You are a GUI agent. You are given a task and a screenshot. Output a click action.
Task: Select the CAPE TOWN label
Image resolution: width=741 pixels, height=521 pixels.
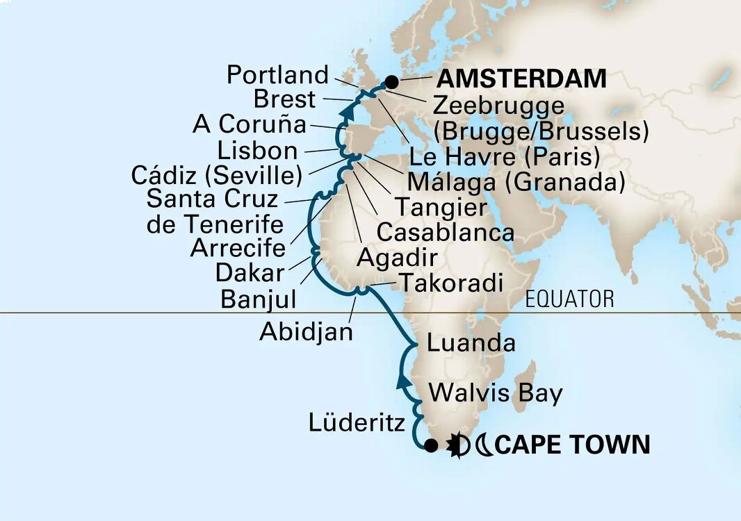click(x=573, y=445)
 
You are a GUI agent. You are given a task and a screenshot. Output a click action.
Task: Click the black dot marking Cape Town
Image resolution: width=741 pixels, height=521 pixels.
click(x=431, y=446)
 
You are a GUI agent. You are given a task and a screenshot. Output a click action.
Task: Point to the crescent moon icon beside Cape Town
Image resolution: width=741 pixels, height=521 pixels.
click(x=484, y=445)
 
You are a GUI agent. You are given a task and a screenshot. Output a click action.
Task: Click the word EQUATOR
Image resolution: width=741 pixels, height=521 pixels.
click(x=570, y=299)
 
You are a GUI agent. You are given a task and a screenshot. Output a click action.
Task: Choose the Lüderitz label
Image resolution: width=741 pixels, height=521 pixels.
click(x=355, y=422)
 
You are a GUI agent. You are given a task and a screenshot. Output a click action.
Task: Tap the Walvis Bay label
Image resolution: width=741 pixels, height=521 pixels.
click(x=495, y=393)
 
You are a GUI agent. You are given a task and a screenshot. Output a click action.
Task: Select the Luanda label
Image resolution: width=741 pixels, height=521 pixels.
click(x=471, y=342)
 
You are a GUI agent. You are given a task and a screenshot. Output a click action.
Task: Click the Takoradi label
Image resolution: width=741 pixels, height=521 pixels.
click(x=448, y=282)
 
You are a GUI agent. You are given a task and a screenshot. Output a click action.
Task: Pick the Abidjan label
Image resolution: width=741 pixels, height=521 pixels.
click(x=306, y=331)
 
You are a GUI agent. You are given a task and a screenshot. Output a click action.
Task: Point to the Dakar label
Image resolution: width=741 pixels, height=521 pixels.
click(x=250, y=272)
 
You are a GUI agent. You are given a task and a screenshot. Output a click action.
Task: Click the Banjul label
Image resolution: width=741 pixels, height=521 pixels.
click(x=258, y=299)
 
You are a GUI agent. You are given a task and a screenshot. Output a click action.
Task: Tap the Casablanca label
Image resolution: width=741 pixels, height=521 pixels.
click(x=445, y=231)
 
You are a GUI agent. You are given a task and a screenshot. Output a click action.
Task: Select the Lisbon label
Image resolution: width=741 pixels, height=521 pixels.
click(x=257, y=150)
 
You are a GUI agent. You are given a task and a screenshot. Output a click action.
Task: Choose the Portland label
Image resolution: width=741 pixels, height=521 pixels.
click(x=277, y=74)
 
